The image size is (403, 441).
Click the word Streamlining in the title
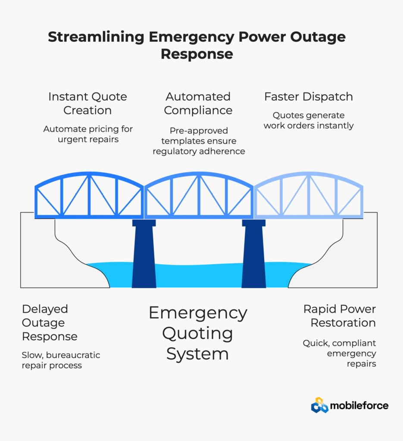point(96,37)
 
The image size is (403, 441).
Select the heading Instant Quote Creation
point(87,103)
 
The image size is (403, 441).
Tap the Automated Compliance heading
point(198,103)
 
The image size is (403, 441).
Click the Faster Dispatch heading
point(309,97)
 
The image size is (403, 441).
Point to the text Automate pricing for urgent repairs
point(88,134)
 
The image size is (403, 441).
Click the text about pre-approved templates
point(198,141)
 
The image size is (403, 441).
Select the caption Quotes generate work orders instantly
point(309,121)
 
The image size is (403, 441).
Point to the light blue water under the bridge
point(198,276)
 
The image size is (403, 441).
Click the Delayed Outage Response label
point(50,323)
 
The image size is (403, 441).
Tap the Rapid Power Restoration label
point(339,316)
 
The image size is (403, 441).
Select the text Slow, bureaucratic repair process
point(61,360)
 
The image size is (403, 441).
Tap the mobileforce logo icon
point(319,405)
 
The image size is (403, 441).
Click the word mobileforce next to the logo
point(359,406)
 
